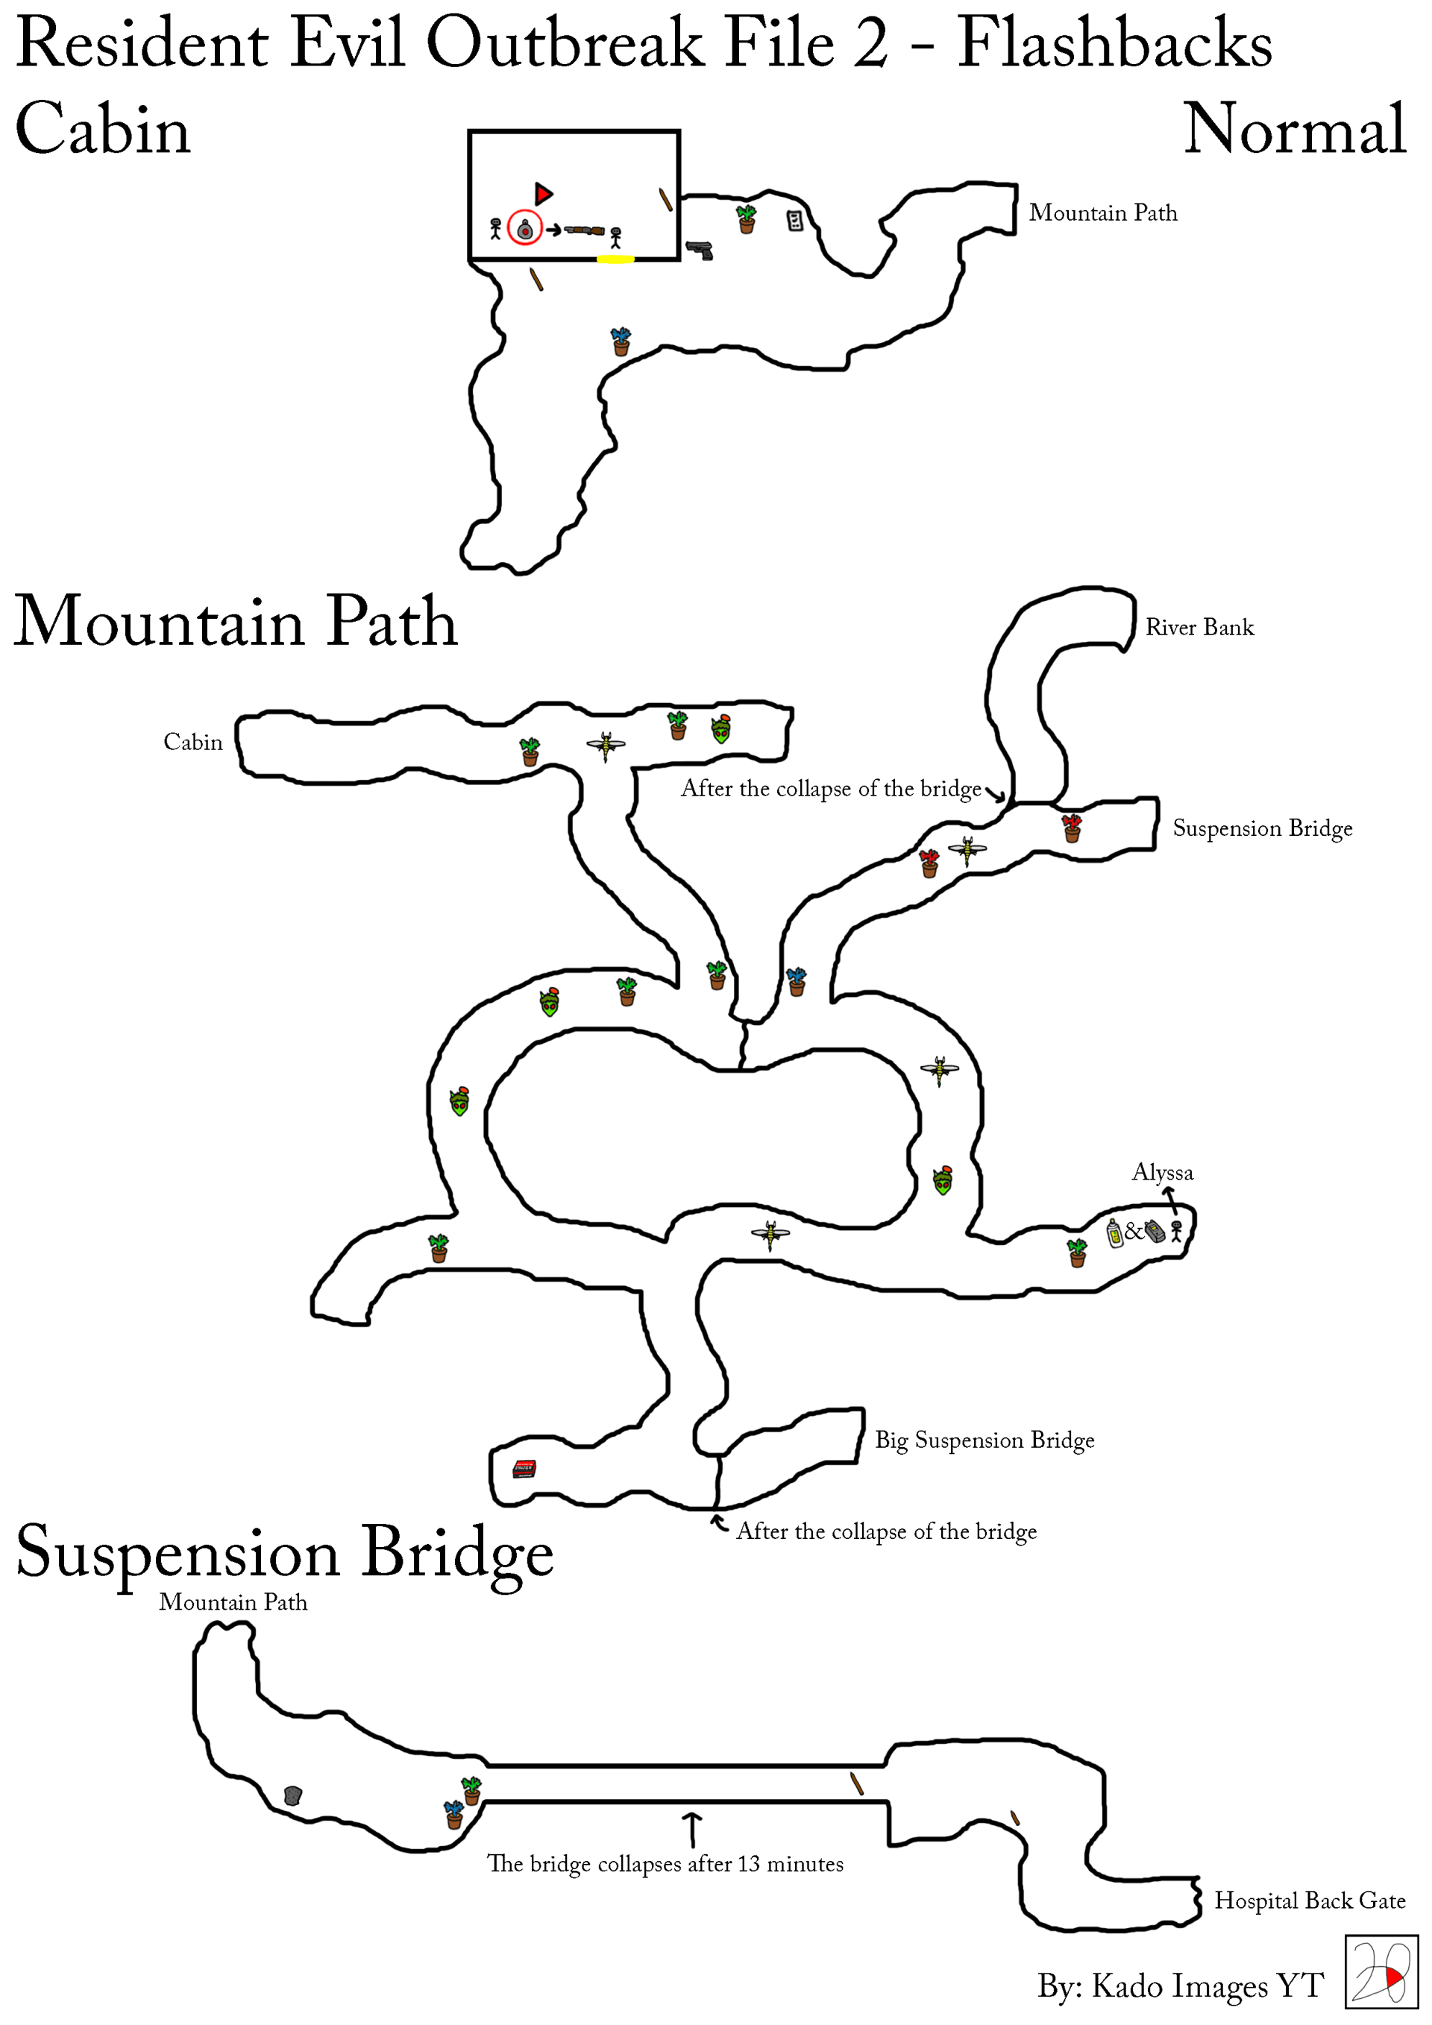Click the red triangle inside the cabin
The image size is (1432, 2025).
543,194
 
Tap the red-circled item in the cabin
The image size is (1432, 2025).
525,230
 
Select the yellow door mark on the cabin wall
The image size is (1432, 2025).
615,259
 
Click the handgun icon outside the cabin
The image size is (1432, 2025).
700,251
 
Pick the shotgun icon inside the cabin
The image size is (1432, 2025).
584,231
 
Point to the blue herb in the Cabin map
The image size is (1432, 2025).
621,341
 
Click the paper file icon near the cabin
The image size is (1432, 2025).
795,221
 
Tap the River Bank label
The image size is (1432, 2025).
1199,627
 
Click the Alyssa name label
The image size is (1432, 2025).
1163,1172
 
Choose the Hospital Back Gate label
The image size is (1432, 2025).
1310,1900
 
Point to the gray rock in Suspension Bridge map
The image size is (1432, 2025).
293,1795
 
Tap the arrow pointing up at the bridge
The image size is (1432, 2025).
693,1829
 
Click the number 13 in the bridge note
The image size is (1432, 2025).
749,1864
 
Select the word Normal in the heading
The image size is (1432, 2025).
1294,129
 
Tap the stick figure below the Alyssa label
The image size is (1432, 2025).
1176,1231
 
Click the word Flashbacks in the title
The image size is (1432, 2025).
1115,44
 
